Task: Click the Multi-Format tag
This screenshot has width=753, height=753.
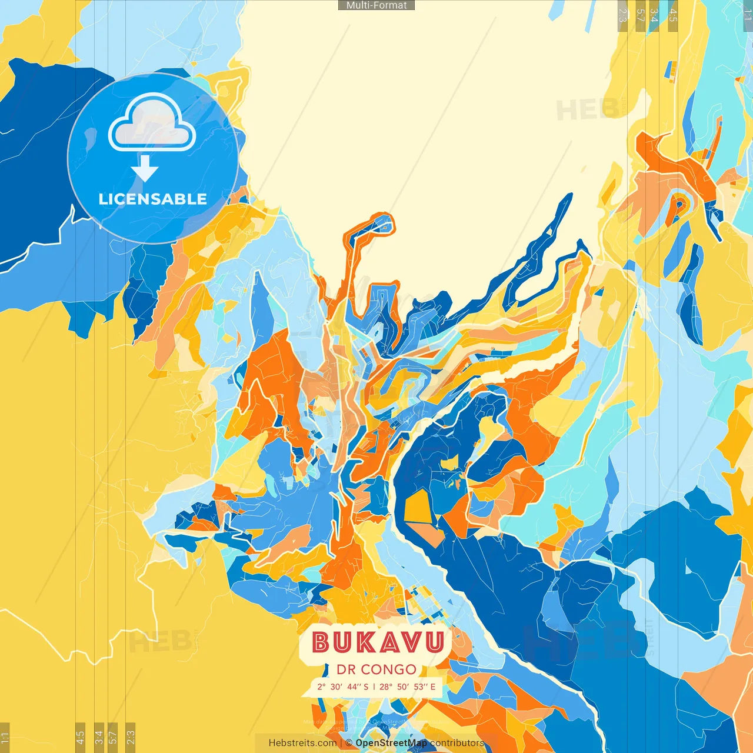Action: [376, 5]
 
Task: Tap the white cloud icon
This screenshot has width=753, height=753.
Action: [152, 125]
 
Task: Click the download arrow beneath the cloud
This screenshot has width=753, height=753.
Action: [145, 169]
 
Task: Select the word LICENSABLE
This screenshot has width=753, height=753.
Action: [152, 199]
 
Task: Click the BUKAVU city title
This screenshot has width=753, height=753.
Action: [377, 642]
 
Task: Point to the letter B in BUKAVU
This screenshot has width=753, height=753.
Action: [321, 642]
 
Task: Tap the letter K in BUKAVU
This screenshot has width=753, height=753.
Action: [365, 642]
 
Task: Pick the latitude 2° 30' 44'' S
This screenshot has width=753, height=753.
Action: [342, 687]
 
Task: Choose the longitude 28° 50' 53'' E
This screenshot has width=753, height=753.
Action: [408, 687]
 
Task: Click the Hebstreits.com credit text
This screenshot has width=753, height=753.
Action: [302, 743]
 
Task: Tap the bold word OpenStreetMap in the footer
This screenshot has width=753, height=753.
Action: [391, 743]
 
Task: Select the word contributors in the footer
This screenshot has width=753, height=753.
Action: [457, 743]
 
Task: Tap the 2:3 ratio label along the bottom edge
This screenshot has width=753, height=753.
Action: [131, 737]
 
